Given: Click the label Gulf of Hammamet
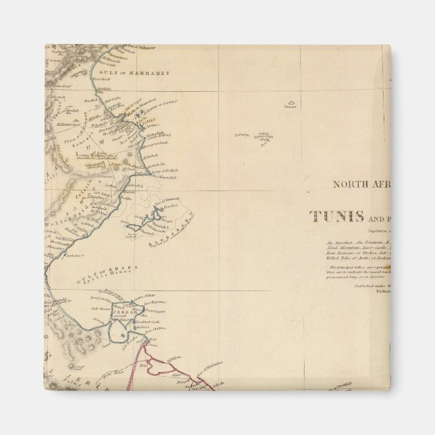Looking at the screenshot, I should point(134,72).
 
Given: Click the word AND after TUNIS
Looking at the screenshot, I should point(376,218).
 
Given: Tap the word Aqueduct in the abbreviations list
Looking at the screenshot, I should point(339,241).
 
